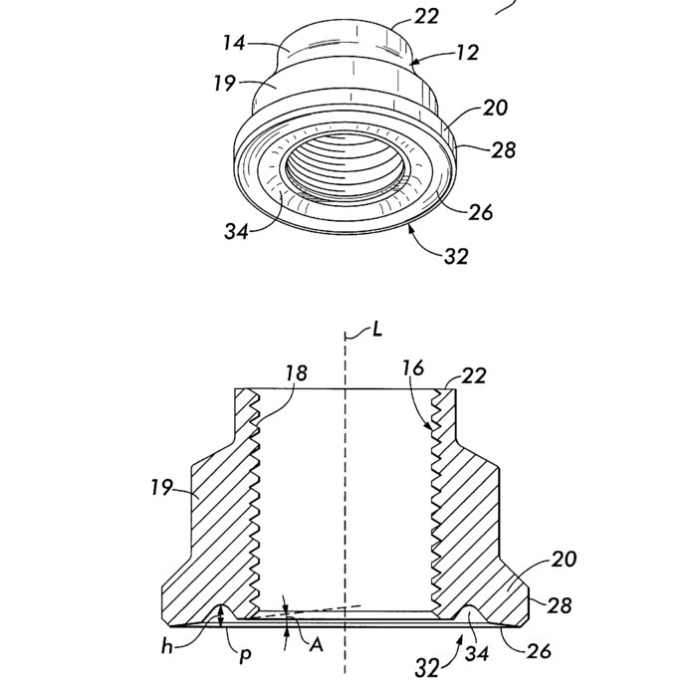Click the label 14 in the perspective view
pos(234,43)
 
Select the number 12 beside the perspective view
pos(468,53)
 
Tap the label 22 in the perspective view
pos(427,17)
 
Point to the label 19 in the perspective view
pos(224,83)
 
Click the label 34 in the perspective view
pos(236,231)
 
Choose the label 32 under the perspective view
pos(456,257)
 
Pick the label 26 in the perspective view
pos(481,212)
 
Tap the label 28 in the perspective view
pos(504,149)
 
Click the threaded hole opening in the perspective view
pos(345,165)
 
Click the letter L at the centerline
pos(377,330)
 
